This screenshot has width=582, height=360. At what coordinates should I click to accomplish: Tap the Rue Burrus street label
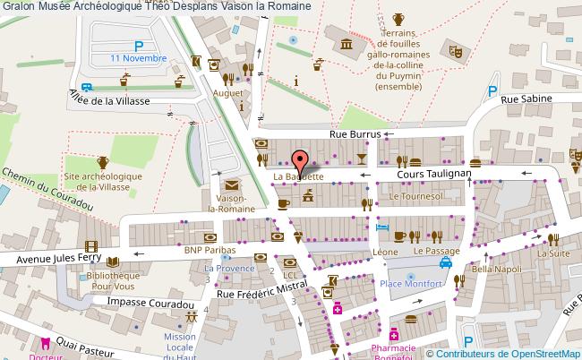click(355, 134)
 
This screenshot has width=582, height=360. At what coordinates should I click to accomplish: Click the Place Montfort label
click(411, 284)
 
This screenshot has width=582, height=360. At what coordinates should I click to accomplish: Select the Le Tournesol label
click(415, 194)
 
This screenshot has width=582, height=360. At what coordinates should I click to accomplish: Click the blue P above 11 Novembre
click(139, 45)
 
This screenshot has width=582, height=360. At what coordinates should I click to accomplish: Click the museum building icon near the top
click(344, 46)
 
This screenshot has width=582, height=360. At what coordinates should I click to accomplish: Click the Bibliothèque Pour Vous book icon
click(112, 262)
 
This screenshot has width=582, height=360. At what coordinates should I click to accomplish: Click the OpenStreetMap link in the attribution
click(542, 353)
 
